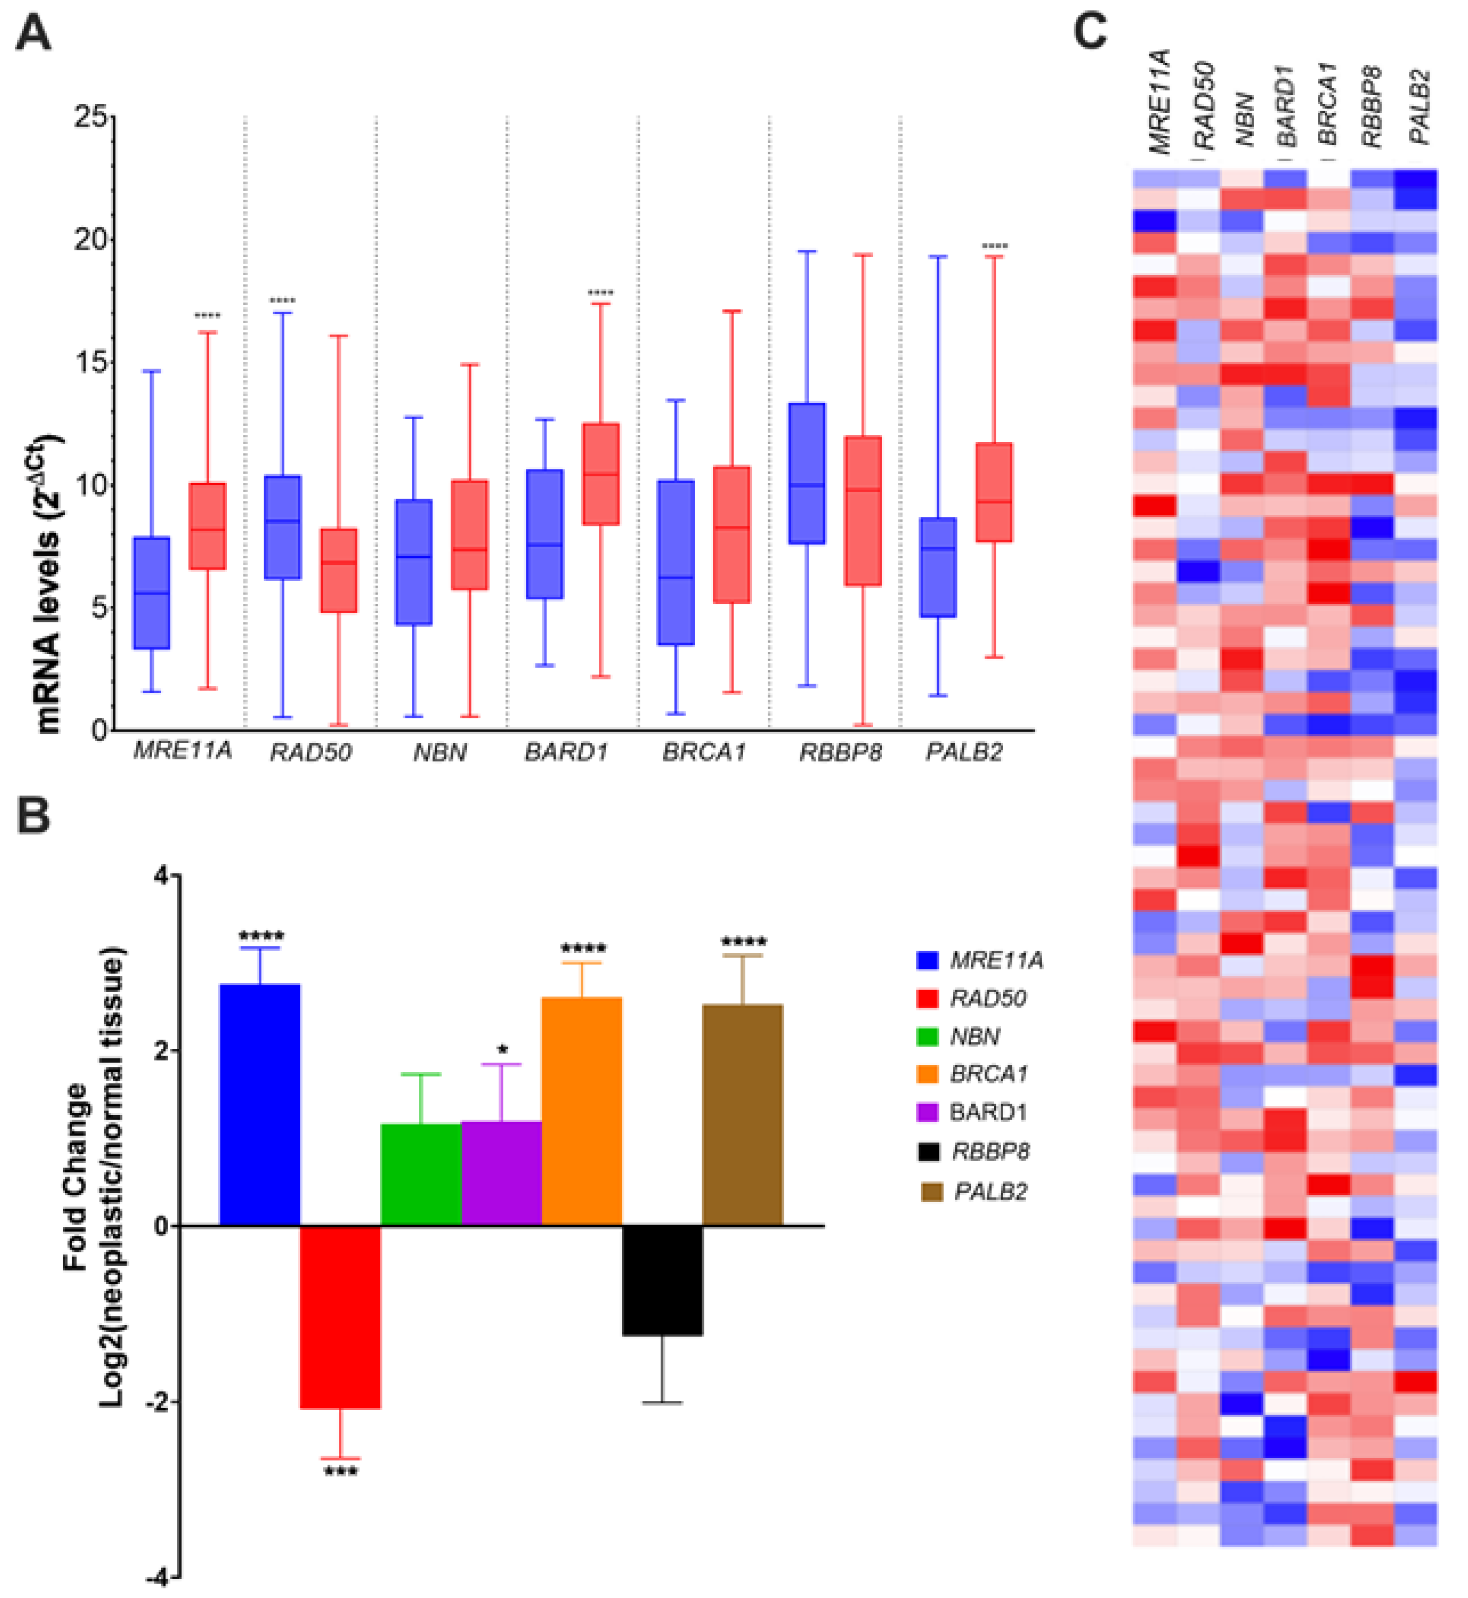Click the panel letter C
tap(1090, 32)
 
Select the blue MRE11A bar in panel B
tap(260, 1104)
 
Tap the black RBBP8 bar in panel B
tap(662, 1279)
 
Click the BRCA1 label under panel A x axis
tap(704, 752)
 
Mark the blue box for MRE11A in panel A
tap(152, 593)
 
